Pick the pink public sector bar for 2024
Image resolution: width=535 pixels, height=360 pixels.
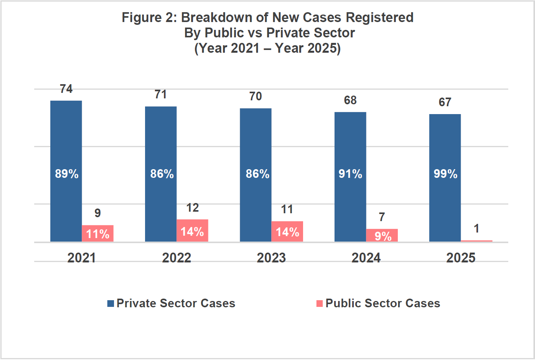(x=382, y=235)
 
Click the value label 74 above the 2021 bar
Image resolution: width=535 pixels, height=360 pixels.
(x=66, y=89)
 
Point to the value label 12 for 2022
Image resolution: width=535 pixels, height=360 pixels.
(x=192, y=208)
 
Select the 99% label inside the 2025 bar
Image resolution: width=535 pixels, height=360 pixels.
(x=445, y=174)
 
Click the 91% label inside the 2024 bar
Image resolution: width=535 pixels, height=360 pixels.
(x=350, y=174)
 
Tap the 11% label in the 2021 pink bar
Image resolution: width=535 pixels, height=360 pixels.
(x=97, y=234)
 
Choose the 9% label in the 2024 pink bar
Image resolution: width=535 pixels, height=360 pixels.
(x=382, y=236)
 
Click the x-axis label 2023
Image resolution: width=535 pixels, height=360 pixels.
(x=271, y=258)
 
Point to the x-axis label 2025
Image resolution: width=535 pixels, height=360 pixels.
(x=461, y=258)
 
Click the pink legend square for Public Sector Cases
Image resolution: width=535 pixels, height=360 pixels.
(x=320, y=303)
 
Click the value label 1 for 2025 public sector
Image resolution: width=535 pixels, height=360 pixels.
(x=476, y=229)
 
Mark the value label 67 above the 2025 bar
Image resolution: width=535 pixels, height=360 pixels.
(x=445, y=102)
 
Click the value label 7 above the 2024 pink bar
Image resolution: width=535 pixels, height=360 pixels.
(x=382, y=217)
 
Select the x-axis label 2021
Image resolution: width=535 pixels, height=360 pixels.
(x=81, y=258)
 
